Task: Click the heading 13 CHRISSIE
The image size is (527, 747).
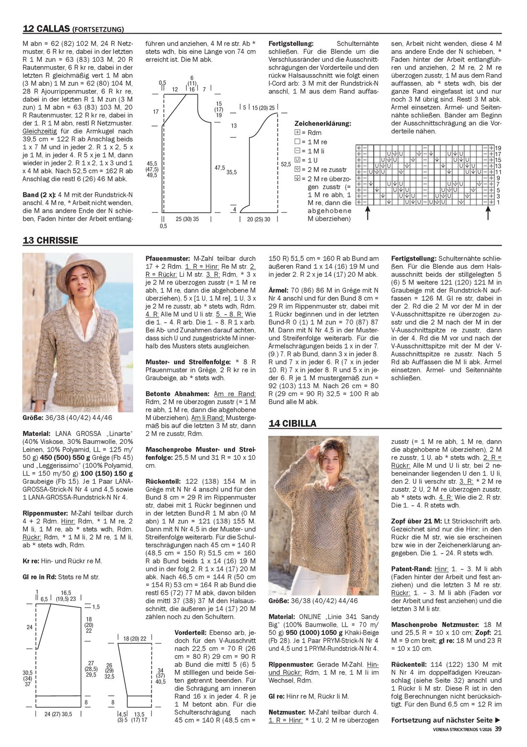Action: pos(50,240)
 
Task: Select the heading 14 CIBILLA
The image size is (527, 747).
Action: pos(292,423)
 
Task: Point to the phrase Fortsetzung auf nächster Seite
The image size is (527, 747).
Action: pos(442,720)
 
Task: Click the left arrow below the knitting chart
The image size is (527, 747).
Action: pos(367,214)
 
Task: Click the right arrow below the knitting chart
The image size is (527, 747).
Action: pos(488,214)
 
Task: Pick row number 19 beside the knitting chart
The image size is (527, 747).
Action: pos(498,148)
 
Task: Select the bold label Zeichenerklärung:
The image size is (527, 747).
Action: pos(322,124)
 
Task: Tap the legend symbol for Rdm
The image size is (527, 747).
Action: pos(298,133)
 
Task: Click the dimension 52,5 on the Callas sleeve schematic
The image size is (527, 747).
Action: pos(286,164)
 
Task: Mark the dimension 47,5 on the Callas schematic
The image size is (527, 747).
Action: pos(219,168)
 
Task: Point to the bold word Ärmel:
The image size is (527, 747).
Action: pos(278,290)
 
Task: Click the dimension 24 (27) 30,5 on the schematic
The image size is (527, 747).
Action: pos(58,714)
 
